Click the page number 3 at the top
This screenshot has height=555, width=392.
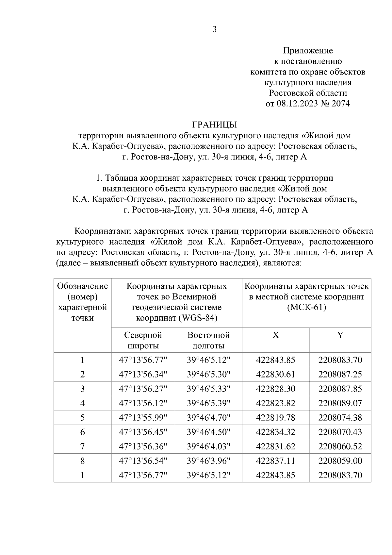[214, 29]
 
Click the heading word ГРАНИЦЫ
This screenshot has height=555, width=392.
[214, 125]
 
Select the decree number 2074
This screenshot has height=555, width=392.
[340, 104]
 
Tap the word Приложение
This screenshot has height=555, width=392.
[308, 51]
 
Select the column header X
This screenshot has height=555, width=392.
[276, 335]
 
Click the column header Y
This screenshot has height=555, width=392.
[340, 335]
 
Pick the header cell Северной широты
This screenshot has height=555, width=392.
[143, 340]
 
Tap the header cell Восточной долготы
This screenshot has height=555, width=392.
[208, 340]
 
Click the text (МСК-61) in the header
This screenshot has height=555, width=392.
[306, 308]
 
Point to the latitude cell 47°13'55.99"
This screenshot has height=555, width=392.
[143, 417]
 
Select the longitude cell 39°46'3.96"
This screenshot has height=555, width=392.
[208, 461]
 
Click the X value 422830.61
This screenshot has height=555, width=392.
[276, 374]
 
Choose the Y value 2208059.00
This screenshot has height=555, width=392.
[340, 461]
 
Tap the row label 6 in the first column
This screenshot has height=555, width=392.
[82, 432]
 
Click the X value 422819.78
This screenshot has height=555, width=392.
[276, 417]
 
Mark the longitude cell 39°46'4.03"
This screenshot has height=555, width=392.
[208, 446]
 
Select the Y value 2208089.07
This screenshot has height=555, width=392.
[340, 403]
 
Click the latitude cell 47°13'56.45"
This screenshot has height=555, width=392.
[143, 432]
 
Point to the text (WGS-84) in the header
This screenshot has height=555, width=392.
[198, 318]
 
